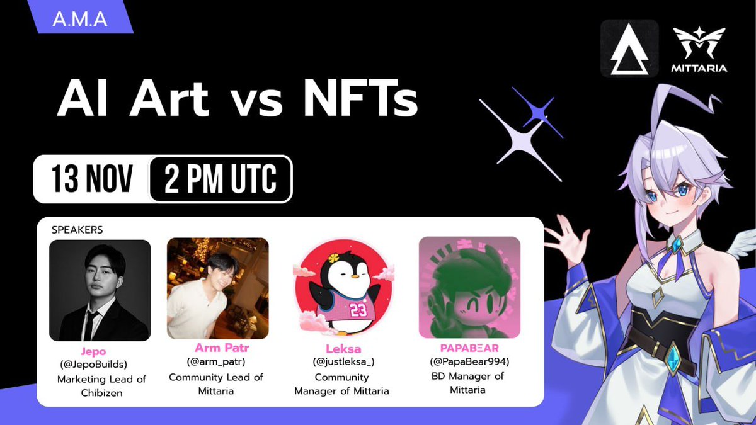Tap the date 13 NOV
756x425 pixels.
click(93, 179)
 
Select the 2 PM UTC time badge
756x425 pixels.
click(220, 179)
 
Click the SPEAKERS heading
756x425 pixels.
click(77, 230)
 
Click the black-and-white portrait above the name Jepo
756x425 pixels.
click(100, 290)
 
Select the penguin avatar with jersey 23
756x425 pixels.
click(344, 288)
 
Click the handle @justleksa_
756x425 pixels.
click(341, 362)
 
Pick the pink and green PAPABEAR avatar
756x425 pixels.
click(469, 287)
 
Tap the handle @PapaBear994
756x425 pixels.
click(469, 362)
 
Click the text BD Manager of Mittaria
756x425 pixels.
click(469, 383)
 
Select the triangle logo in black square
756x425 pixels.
click(629, 48)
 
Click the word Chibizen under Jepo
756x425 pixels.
click(101, 393)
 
